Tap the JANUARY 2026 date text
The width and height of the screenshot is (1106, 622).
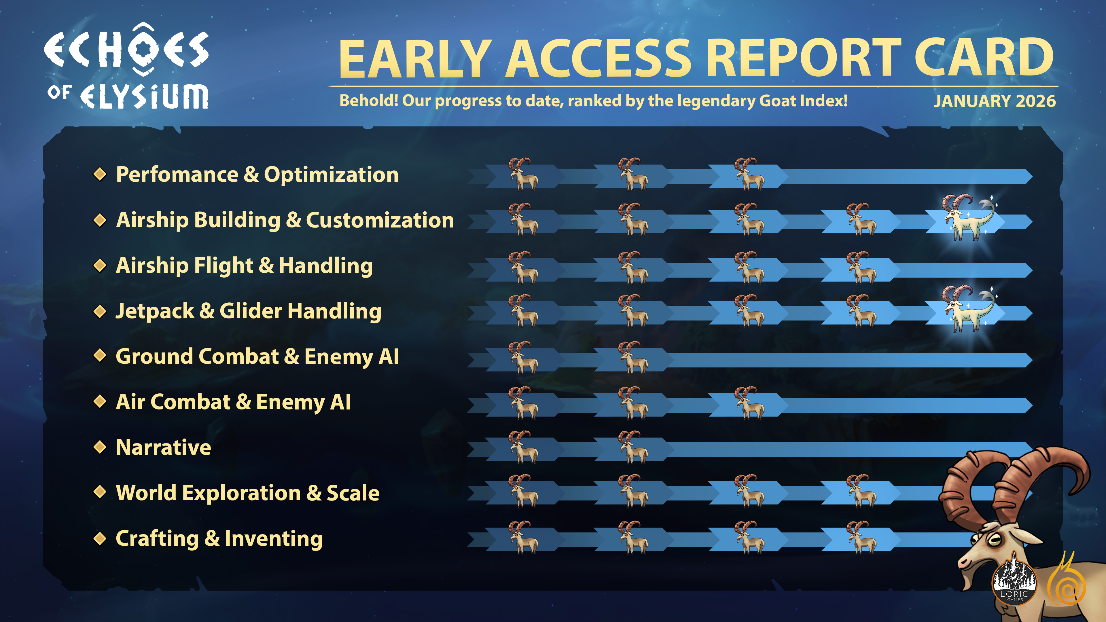point(994,101)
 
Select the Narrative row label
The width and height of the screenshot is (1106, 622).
point(164,447)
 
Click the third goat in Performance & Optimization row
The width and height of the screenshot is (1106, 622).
point(749,174)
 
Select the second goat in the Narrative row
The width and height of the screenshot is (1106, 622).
point(632,447)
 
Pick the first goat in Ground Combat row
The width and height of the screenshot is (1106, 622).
point(523,357)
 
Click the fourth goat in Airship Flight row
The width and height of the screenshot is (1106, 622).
point(861,268)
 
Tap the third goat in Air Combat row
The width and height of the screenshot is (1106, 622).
point(749,403)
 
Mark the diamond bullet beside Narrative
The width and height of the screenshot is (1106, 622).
point(100,447)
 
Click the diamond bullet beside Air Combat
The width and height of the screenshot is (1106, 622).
point(100,402)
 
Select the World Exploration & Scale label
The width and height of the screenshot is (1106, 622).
point(248,493)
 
